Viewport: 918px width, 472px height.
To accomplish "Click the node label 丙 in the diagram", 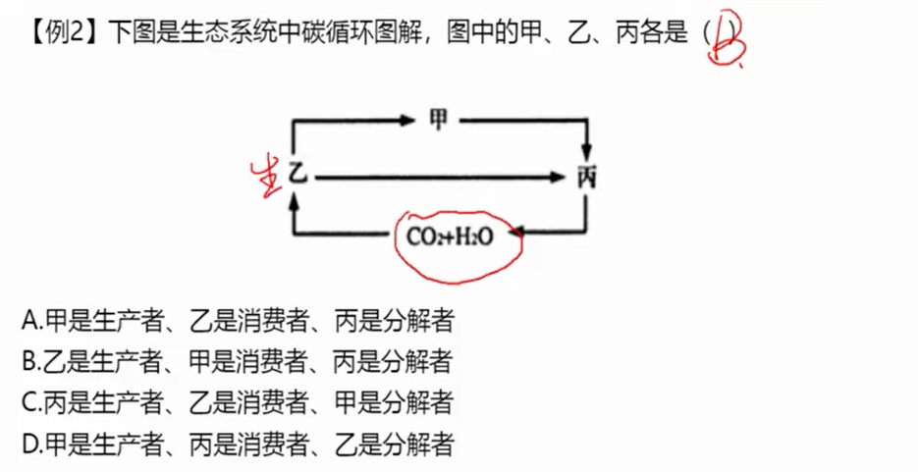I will click(587, 178).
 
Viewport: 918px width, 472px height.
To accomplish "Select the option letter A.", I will click(30, 320).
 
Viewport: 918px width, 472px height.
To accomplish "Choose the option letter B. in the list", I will click(30, 361).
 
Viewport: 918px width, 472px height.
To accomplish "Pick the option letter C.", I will click(30, 402).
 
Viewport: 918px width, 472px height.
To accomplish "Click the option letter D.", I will click(30, 445).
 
